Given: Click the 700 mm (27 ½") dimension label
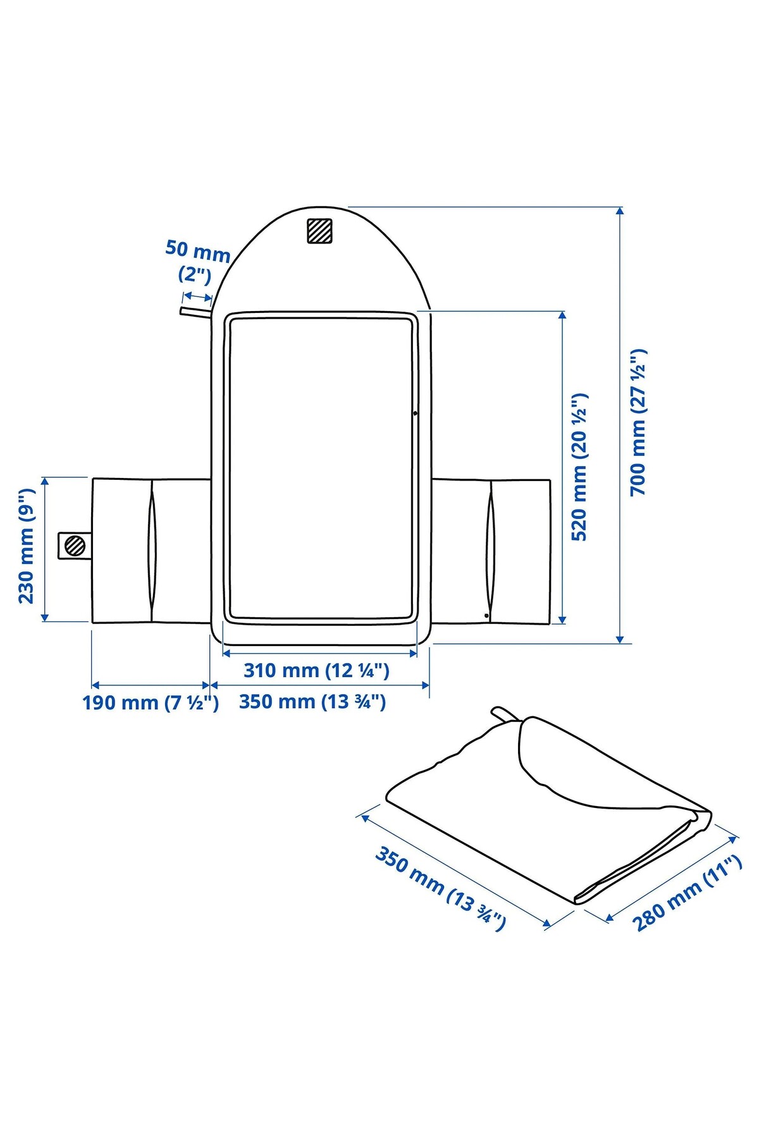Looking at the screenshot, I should (x=639, y=422).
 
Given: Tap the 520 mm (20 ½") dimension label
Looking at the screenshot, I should (x=579, y=467).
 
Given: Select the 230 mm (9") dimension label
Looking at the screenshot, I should (x=27, y=546).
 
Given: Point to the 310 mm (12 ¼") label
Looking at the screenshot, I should (x=316, y=670).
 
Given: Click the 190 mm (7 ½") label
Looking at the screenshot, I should (x=151, y=702).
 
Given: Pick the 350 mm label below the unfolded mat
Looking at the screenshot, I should (x=312, y=702).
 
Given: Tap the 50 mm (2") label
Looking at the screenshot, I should (x=197, y=260).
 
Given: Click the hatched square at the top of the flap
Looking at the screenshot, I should (x=319, y=231).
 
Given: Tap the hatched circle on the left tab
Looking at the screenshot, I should (x=75, y=545).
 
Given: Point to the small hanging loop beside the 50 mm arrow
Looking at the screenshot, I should (x=195, y=311).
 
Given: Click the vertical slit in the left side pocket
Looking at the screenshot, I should (x=152, y=549).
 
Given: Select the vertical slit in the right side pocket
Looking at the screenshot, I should (x=491, y=549).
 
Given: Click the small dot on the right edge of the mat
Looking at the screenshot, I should (x=415, y=413).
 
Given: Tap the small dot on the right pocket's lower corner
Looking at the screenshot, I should (x=486, y=615).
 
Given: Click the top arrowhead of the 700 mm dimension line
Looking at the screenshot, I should (x=620, y=211).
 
